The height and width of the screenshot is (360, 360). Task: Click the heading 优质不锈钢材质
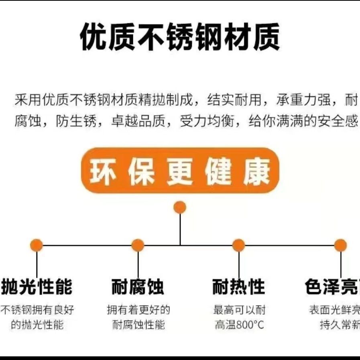pyautogui.click(x=180, y=37)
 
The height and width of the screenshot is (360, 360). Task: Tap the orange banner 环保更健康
pyautogui.click(x=180, y=171)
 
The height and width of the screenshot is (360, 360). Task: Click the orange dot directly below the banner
pyautogui.click(x=180, y=207)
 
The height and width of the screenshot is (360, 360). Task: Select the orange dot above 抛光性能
pyautogui.click(x=37, y=245)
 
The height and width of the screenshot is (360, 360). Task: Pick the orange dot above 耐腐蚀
pyautogui.click(x=138, y=245)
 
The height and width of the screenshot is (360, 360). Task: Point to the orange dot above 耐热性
pyautogui.click(x=238, y=245)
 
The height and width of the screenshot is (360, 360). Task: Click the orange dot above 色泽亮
pyautogui.click(x=340, y=245)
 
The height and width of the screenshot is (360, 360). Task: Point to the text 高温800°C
pyautogui.click(x=239, y=325)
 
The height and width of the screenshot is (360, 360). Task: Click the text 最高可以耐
pyautogui.click(x=239, y=310)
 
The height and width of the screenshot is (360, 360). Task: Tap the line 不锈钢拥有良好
pyautogui.click(x=37, y=310)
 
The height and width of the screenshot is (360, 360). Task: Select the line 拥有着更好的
pyautogui.click(x=138, y=310)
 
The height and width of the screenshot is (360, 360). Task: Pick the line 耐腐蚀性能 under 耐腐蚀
pyautogui.click(x=138, y=325)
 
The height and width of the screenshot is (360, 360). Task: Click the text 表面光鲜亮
pyautogui.click(x=334, y=310)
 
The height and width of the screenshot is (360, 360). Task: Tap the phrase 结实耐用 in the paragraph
pyautogui.click(x=234, y=100)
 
